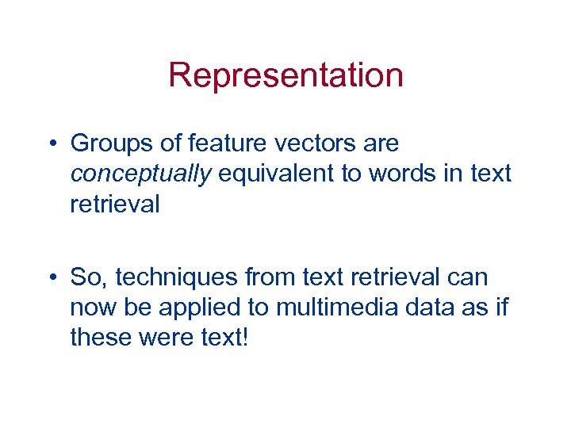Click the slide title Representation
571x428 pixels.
pyautogui.click(x=285, y=76)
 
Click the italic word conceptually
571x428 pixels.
pyautogui.click(x=140, y=174)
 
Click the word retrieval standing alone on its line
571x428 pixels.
pyautogui.click(x=114, y=204)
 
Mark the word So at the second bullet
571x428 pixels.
pyautogui.click(x=85, y=278)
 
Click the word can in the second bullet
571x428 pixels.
pyautogui.click(x=471, y=278)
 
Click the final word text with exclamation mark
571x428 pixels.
pyautogui.click(x=225, y=338)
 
